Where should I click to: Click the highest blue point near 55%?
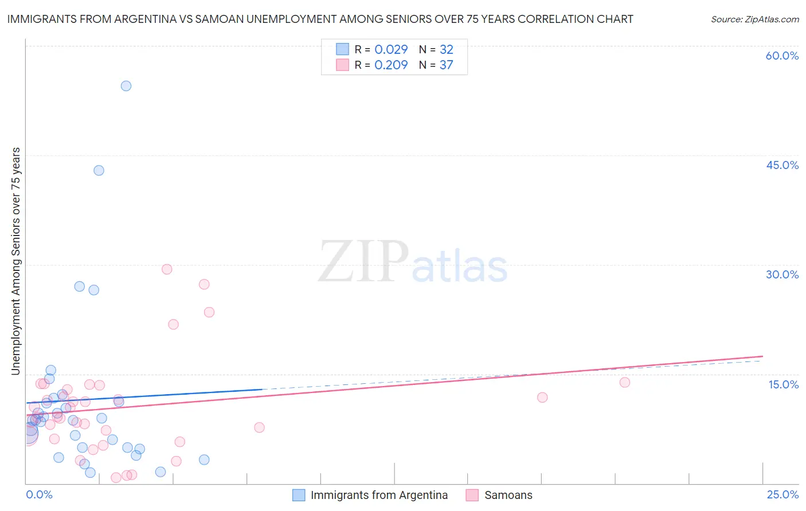[x=126, y=86]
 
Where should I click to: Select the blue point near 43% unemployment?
[x=99, y=170]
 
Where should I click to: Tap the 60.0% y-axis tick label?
[x=782, y=56]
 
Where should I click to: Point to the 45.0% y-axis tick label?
[x=782, y=165]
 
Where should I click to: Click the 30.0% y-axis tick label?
[x=782, y=274]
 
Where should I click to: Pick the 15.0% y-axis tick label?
[x=783, y=384]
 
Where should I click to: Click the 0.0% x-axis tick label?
[x=39, y=494]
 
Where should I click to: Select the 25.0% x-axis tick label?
[x=782, y=494]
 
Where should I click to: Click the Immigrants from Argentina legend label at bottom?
[x=379, y=495]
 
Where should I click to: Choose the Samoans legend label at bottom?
[x=508, y=495]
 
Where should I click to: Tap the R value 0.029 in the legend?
[x=391, y=49]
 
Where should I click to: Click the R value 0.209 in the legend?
[x=391, y=65]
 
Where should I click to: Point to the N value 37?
[x=446, y=65]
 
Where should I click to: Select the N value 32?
[x=446, y=49]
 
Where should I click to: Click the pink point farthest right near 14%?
[x=625, y=382]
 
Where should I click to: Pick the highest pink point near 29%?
[x=167, y=269]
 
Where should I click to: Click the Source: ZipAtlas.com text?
[x=754, y=19]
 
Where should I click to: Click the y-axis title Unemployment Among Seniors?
[x=15, y=261]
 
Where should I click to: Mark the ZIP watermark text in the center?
[x=363, y=261]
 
